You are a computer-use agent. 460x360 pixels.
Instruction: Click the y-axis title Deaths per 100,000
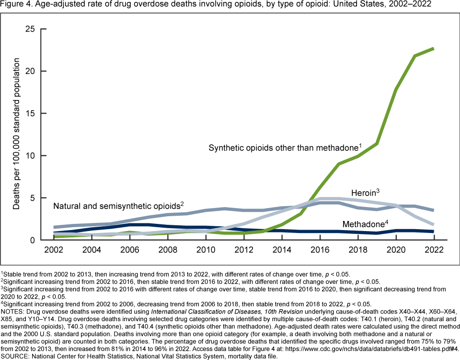click(x=17, y=134)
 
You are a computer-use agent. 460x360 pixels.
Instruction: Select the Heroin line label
click(x=364, y=192)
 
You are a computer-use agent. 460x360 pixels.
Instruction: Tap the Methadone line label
click(x=365, y=224)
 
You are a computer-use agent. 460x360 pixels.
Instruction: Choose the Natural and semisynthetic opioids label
click(x=118, y=206)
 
